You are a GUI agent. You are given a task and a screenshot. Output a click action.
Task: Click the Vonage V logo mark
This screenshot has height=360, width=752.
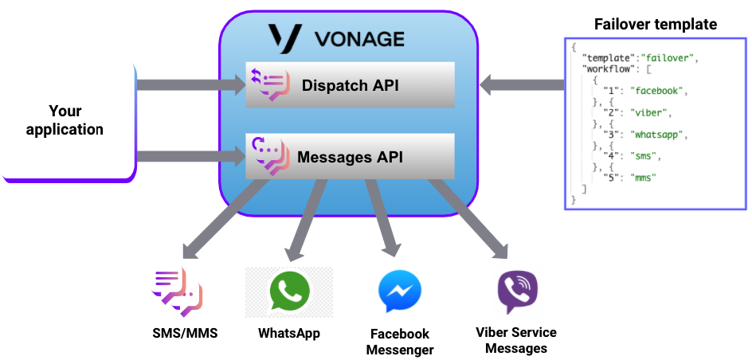[284, 38]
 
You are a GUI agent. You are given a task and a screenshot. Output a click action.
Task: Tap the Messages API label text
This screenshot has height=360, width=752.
[350, 157]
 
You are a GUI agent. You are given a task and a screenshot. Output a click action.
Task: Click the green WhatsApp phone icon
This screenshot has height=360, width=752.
[288, 292]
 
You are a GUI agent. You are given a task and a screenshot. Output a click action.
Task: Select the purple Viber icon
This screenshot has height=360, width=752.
[517, 292]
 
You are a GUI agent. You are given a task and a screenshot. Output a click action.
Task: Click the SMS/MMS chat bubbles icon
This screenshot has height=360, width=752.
[177, 292]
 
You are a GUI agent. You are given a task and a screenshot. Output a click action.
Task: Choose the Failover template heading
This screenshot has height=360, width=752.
[655, 25]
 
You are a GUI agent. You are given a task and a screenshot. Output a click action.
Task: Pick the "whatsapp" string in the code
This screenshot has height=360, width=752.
[661, 135]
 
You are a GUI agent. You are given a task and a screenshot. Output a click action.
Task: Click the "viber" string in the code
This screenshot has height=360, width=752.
[650, 112]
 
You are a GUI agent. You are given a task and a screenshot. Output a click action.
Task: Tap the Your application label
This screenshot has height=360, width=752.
[65, 119]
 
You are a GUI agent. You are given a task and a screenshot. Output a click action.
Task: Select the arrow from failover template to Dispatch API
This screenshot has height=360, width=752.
[522, 84]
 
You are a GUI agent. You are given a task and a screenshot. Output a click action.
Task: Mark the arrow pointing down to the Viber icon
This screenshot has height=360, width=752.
[471, 220]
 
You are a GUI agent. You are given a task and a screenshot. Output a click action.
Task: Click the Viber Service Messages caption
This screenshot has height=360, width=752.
[516, 340]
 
